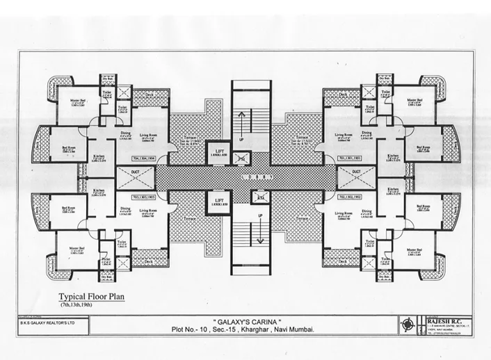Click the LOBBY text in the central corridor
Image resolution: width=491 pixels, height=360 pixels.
click(246, 177)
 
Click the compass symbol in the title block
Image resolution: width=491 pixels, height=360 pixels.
click(408, 324)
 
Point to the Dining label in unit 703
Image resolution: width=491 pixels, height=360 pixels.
click(125, 208)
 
